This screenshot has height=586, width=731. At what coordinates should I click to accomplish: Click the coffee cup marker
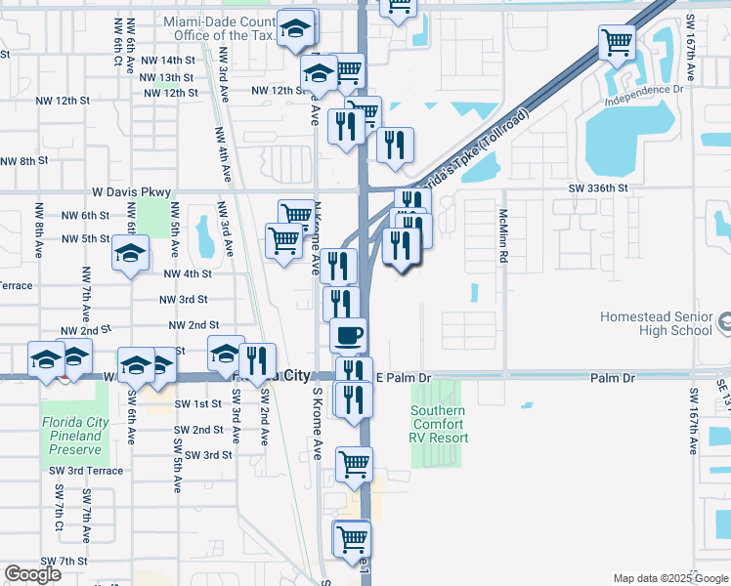point(348,335)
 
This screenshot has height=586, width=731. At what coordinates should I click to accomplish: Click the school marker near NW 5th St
point(130,253)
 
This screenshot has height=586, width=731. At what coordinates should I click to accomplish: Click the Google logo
point(32,574)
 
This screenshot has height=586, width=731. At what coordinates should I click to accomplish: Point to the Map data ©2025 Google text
point(671,578)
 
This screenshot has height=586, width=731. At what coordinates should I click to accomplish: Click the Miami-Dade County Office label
point(220,28)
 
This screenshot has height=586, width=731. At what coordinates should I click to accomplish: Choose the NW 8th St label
point(24,161)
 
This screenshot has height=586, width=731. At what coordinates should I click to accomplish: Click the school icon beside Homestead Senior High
point(724,319)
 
